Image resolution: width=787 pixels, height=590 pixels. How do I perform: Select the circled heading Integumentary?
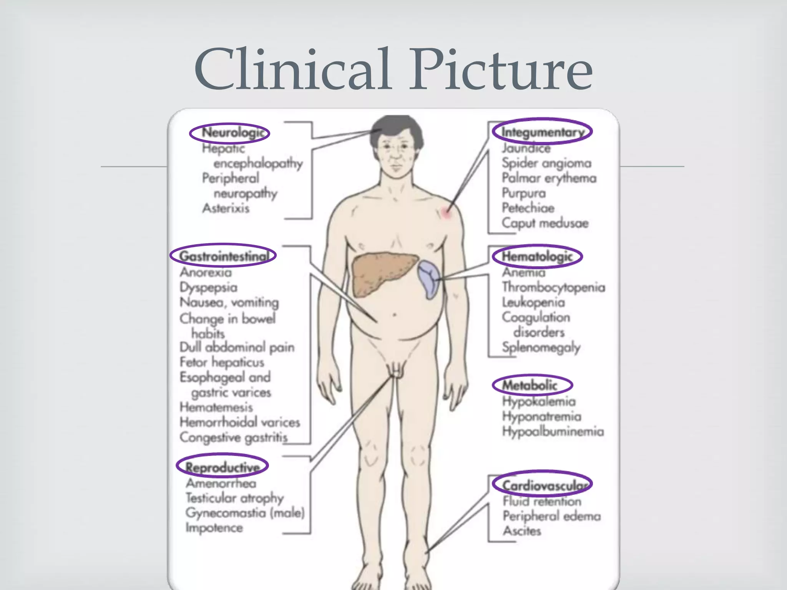click(542, 132)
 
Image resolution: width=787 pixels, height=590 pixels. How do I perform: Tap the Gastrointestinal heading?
click(224, 256)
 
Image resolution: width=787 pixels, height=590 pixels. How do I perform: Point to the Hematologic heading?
click(537, 256)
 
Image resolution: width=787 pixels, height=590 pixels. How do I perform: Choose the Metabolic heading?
click(530, 385)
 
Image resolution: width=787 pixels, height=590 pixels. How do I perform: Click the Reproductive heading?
click(222, 467)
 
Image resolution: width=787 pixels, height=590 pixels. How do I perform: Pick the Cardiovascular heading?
click(543, 485)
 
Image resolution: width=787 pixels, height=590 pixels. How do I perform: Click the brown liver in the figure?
click(383, 273)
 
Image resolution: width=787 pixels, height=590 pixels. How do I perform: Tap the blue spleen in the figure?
click(429, 278)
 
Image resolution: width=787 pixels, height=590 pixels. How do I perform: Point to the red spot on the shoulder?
click(446, 212)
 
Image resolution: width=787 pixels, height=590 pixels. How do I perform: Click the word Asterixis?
click(226, 208)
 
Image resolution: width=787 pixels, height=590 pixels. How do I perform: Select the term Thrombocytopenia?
click(553, 287)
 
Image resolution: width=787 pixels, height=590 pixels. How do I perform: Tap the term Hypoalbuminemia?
click(553, 431)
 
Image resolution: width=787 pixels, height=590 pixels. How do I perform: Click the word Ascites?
click(522, 531)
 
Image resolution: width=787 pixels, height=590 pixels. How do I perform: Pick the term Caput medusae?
click(545, 223)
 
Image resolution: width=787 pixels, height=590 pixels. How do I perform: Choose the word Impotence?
click(214, 528)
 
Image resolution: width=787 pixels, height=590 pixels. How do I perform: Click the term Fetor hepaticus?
click(222, 362)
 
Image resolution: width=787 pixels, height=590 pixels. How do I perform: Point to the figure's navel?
click(394, 315)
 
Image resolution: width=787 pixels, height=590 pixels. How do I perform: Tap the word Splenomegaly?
click(541, 348)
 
